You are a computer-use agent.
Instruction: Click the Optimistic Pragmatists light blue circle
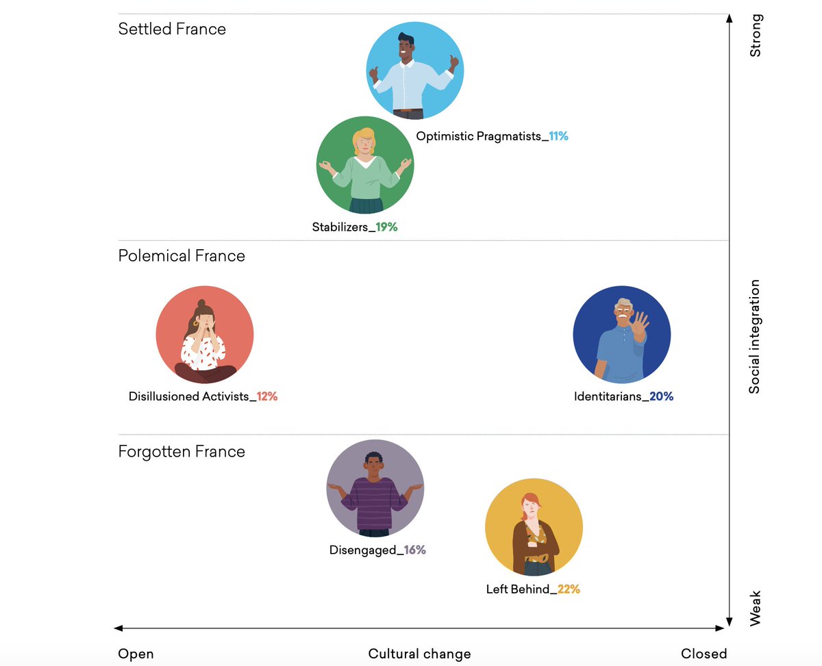415,71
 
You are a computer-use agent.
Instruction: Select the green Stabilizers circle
365,166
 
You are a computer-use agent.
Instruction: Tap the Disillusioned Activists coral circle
205,335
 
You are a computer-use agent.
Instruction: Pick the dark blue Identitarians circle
621,335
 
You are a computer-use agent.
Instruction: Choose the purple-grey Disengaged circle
375,488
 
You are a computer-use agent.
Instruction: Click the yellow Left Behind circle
534,527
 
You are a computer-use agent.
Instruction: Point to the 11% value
558,136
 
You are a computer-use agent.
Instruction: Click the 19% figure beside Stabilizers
386,227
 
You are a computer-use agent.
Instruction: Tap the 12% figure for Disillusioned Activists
267,396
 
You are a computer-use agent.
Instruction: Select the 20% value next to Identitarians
662,396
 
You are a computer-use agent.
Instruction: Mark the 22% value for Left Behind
569,589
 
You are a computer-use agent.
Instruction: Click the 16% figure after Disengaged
414,550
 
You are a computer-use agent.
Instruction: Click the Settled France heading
172,29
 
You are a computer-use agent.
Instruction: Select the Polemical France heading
182,256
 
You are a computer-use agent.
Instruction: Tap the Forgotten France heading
182,452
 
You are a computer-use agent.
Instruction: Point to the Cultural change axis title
419,654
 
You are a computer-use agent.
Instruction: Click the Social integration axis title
754,336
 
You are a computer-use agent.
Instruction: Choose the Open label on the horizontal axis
136,654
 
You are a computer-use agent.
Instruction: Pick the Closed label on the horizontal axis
703,654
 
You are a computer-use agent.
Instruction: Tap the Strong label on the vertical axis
755,36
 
